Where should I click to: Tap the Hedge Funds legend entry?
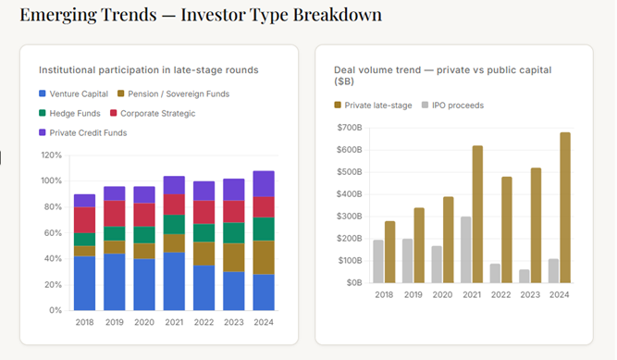click(x=68, y=113)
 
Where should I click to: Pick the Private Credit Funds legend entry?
click(x=81, y=132)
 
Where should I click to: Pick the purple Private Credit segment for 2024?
click(x=264, y=183)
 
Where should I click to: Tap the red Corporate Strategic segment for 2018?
click(x=85, y=219)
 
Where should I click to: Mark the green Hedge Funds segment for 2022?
click(x=204, y=233)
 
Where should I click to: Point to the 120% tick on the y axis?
click(x=51, y=155)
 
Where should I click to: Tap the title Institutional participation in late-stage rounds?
click(x=148, y=69)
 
